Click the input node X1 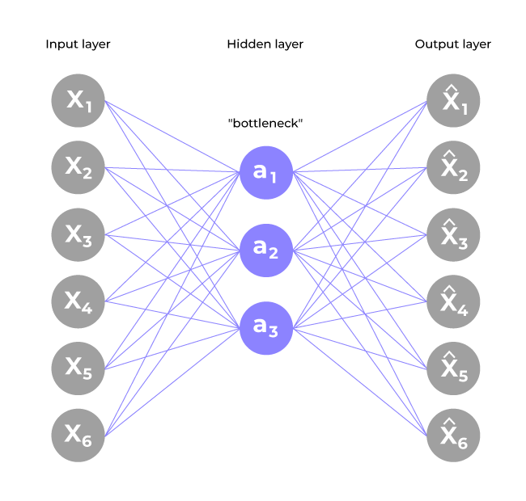click(78, 101)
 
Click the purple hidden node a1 click(265, 172)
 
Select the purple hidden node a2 click(265, 249)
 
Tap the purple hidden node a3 click(265, 326)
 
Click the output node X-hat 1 click(453, 101)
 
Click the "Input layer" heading click(78, 44)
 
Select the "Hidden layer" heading click(265, 44)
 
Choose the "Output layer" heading click(452, 44)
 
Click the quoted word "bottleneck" click(265, 123)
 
